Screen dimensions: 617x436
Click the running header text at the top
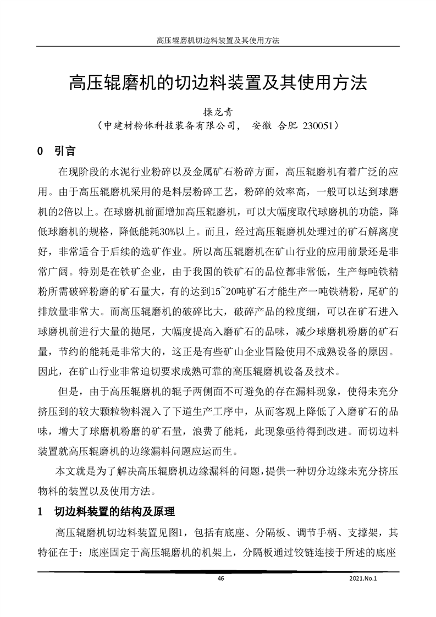click(218, 41)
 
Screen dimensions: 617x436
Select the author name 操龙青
click(218, 111)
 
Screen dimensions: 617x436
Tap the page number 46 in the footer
click(221, 579)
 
